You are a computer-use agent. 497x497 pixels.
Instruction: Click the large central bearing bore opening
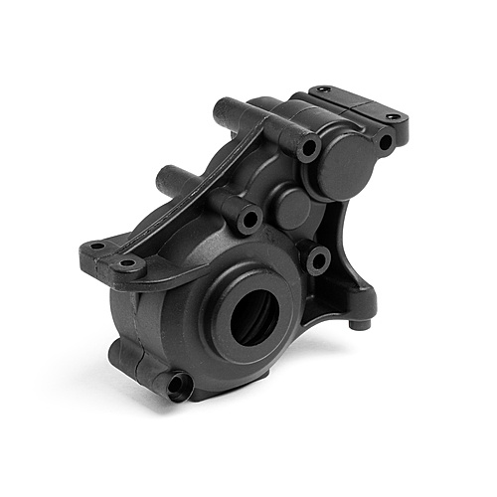(248, 315)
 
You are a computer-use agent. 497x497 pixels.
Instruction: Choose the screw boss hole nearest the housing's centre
(248, 218)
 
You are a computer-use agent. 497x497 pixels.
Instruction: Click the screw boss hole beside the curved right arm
(317, 261)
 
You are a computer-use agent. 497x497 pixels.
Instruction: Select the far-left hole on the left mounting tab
(96, 247)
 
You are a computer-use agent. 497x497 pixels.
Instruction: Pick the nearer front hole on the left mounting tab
(128, 266)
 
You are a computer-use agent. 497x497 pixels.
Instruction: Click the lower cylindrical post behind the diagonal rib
(166, 180)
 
